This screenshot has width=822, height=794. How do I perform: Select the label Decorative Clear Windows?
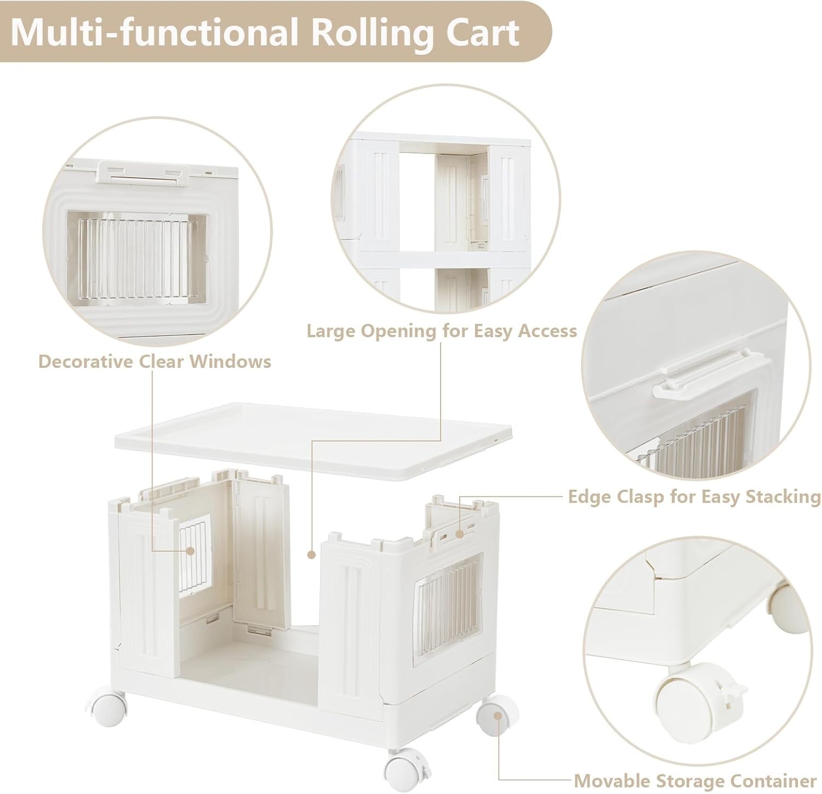(x=155, y=361)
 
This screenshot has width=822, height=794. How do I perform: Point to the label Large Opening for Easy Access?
(x=442, y=331)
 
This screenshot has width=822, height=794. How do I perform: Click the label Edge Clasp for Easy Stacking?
(x=694, y=497)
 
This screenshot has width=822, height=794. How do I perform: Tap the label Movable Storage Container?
(x=695, y=780)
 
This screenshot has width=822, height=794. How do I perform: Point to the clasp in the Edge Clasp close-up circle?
(x=704, y=375)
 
